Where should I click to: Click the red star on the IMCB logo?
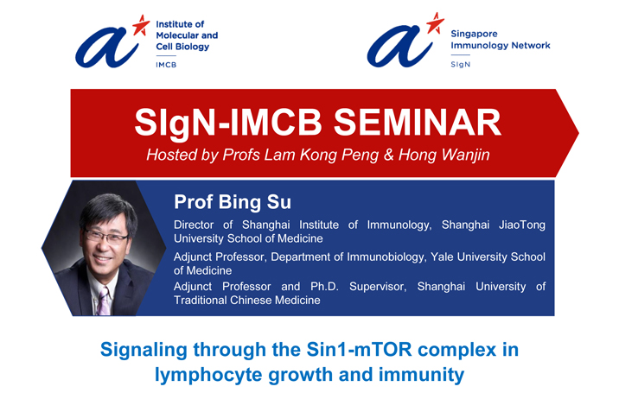pyautogui.click(x=141, y=26)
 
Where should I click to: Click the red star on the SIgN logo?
pyautogui.click(x=435, y=23)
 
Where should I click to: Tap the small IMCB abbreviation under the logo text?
pyautogui.click(x=166, y=65)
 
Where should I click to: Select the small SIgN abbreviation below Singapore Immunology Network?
pyautogui.click(x=461, y=64)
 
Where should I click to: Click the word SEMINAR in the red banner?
pyautogui.click(x=418, y=123)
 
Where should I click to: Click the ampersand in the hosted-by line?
pyautogui.click(x=389, y=155)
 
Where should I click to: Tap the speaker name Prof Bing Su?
pyautogui.click(x=233, y=201)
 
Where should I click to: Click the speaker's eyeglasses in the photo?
pyautogui.click(x=105, y=237)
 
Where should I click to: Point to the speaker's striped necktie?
pyautogui.click(x=104, y=301)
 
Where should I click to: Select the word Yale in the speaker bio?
pyautogui.click(x=442, y=257)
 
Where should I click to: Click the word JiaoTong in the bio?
pyautogui.click(x=522, y=225)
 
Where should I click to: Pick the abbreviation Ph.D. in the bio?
pyautogui.click(x=324, y=287)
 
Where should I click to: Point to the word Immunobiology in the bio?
pyautogui.click(x=386, y=257)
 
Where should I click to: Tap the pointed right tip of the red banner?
pyautogui.click(x=578, y=133)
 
